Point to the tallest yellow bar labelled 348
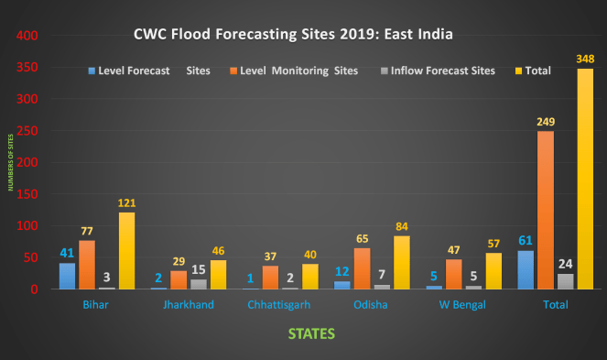585,179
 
